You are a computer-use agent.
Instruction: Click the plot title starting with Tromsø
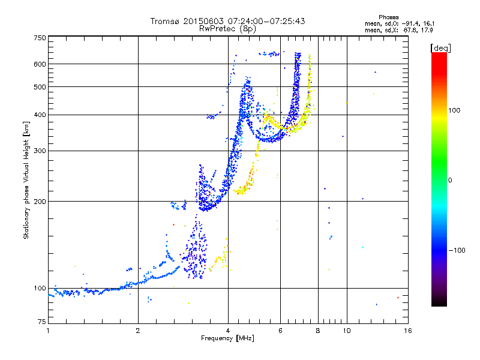pyautogui.click(x=227, y=21)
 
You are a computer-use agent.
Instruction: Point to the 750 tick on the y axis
pyautogui.click(x=40, y=38)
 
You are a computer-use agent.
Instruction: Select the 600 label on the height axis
pyautogui.click(x=40, y=64)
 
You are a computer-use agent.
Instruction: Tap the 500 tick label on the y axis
pyautogui.click(x=40, y=87)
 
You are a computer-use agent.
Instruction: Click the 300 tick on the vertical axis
pyautogui.click(x=40, y=151)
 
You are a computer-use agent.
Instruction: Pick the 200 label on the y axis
pyautogui.click(x=40, y=202)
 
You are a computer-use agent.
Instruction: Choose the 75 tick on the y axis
pyautogui.click(x=41, y=324)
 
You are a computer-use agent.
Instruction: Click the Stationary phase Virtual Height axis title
pyautogui.click(x=26, y=181)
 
